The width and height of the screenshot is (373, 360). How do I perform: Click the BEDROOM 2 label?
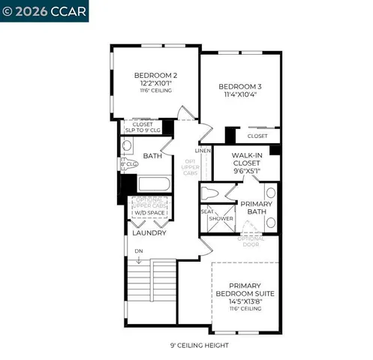click(155, 75)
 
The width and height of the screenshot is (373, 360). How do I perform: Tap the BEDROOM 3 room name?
click(241, 85)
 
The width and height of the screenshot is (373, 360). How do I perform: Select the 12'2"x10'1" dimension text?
click(155, 82)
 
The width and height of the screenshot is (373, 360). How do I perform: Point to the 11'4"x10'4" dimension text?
click(241, 94)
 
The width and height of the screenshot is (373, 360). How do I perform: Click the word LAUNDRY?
click(149, 232)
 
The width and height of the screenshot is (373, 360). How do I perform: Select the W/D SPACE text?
click(149, 213)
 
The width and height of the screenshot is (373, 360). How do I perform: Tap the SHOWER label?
click(221, 218)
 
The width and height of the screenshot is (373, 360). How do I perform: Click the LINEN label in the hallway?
click(204, 150)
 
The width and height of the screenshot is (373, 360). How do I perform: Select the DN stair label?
click(139, 250)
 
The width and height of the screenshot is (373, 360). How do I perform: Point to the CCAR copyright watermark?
click(44, 11)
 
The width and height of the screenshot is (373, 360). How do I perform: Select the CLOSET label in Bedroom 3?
click(257, 136)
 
